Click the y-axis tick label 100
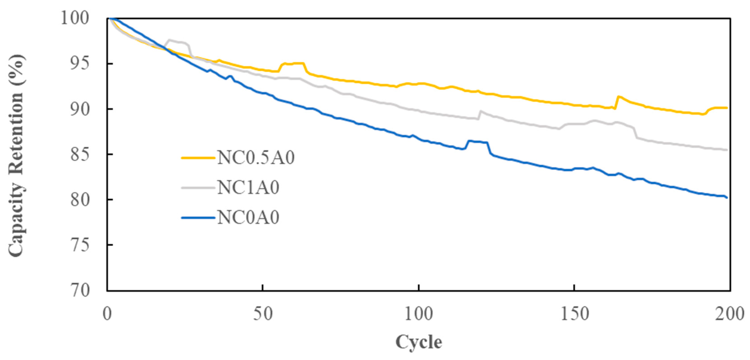point(75,18)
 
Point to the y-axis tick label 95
point(80,64)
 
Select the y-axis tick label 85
point(80,154)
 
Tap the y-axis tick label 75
point(80,245)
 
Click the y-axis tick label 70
point(80,290)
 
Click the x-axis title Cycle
point(419,342)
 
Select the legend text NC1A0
point(248,188)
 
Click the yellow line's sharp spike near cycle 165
point(618,97)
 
